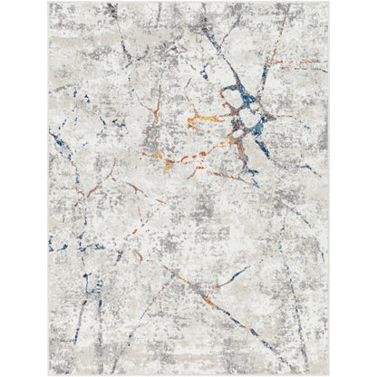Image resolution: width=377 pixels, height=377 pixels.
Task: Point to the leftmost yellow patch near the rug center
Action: coord(159,156)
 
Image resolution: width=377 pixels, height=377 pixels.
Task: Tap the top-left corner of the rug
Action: coord(49,3)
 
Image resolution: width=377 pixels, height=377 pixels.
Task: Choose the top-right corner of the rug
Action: coord(329,3)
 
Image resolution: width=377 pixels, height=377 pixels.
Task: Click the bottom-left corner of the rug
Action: coord(49,374)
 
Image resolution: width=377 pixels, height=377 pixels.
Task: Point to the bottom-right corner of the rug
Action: coord(329,374)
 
